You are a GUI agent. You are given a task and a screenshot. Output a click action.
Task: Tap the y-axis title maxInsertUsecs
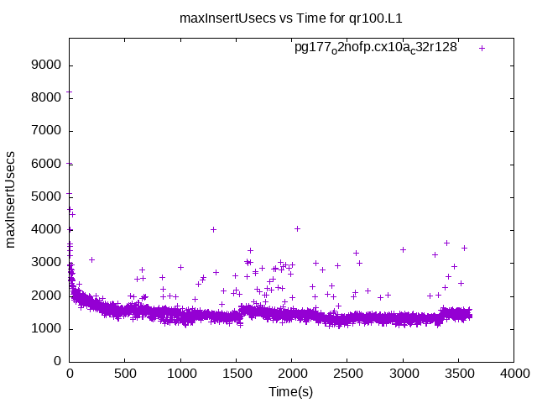pos(12,200)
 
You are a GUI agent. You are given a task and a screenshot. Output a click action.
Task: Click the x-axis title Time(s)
pos(291,392)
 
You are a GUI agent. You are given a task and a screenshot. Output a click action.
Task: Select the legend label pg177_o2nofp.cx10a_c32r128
pos(375,47)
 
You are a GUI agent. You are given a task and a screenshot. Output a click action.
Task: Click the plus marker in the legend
pos(482,48)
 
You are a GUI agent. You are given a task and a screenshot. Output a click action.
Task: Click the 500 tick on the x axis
pos(125,374)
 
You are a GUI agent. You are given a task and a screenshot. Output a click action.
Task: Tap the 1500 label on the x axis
pos(236,374)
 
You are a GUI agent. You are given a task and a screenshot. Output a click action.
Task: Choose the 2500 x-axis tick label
pos(347,374)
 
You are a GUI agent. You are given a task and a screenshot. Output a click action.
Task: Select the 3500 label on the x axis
pos(458,374)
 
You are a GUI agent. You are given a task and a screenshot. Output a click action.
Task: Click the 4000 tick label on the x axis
pos(514,374)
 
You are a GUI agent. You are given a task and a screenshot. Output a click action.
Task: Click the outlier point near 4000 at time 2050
pos(297,228)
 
